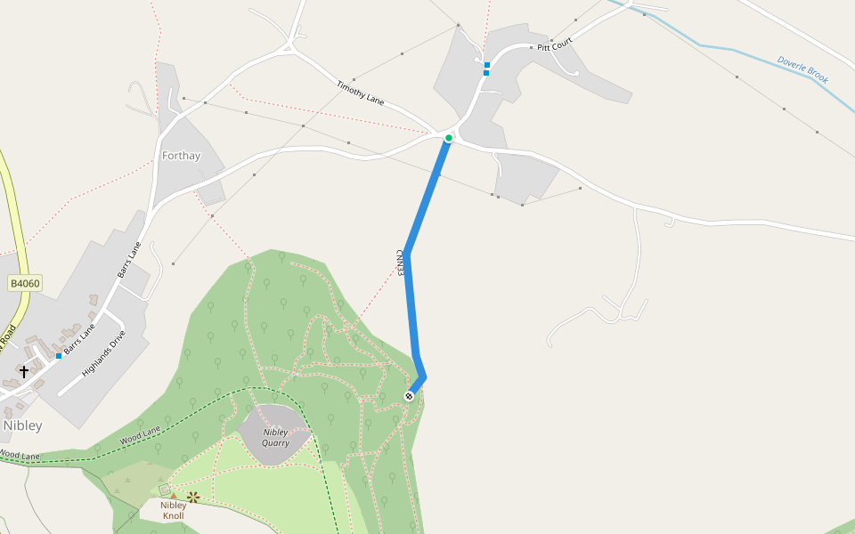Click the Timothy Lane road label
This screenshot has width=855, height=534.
tap(360, 93)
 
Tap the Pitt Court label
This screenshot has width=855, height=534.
tap(554, 44)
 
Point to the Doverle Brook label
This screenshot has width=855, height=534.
tap(802, 70)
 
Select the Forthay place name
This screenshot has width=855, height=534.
tap(181, 156)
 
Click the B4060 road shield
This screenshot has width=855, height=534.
tap(25, 284)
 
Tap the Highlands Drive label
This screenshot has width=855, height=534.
tap(103, 353)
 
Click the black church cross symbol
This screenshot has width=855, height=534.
tap(24, 371)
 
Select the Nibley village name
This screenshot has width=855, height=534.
tap(22, 425)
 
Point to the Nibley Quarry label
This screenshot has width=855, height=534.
tap(275, 437)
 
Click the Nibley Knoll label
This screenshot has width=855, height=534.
tap(173, 510)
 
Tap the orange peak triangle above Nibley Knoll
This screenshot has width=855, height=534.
tap(173, 495)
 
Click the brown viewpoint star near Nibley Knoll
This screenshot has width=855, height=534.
tap(192, 497)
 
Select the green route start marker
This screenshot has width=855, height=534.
tap(449, 138)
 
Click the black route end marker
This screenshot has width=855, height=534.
tap(409, 395)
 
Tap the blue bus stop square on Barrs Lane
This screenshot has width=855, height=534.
tap(59, 355)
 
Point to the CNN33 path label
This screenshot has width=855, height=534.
tap(400, 262)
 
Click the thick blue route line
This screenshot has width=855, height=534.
tap(411, 303)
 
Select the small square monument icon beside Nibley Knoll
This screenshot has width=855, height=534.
tap(163, 489)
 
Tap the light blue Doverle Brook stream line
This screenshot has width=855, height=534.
tap(712, 46)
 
